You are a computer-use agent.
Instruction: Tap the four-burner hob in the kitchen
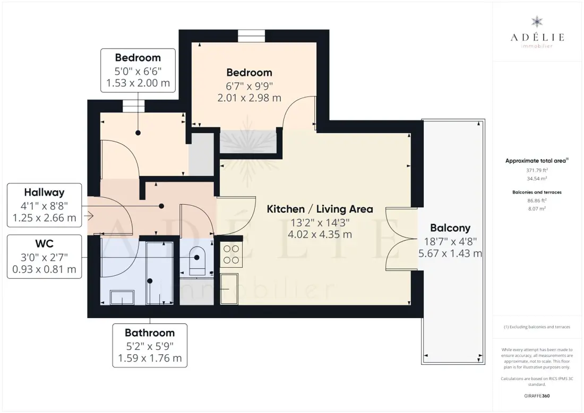[x=231, y=254]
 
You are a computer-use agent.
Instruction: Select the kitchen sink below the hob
[x=229, y=289]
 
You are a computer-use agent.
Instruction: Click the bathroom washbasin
[x=122, y=297]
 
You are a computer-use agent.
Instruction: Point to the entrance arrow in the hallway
[x=89, y=215]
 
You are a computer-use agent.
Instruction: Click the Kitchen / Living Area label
[x=320, y=209]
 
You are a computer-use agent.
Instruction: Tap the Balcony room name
[x=450, y=228]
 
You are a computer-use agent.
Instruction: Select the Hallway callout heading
[x=44, y=192]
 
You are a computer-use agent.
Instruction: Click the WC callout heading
[x=44, y=244]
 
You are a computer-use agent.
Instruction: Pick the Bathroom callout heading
[x=150, y=332]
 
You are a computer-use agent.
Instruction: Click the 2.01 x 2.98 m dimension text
[x=249, y=98]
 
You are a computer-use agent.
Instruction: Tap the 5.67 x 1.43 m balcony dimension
[x=450, y=254]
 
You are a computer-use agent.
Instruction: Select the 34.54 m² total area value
[x=537, y=179]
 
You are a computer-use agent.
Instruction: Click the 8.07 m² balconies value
[x=537, y=209]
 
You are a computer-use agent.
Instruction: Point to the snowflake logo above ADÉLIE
[x=537, y=22]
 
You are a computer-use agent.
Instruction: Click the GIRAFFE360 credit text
[x=537, y=396]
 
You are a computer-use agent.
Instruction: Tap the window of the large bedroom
[x=252, y=36]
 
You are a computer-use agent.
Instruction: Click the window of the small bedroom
[x=134, y=106]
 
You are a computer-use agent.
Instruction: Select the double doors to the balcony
[x=401, y=239]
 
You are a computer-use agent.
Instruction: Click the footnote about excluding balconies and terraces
[x=537, y=327]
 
